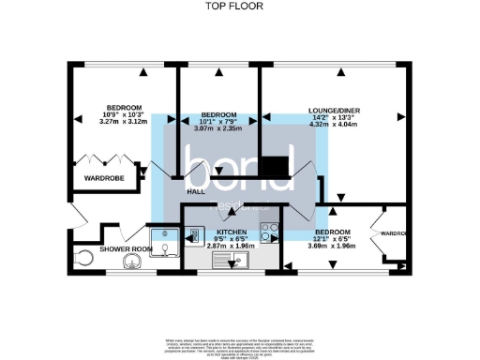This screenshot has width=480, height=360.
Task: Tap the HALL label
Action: click(x=196, y=191)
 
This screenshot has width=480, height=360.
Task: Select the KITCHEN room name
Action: click(x=232, y=231)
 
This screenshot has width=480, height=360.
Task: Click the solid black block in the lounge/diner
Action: click(x=275, y=166)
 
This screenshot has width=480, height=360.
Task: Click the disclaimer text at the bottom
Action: click(x=241, y=344)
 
